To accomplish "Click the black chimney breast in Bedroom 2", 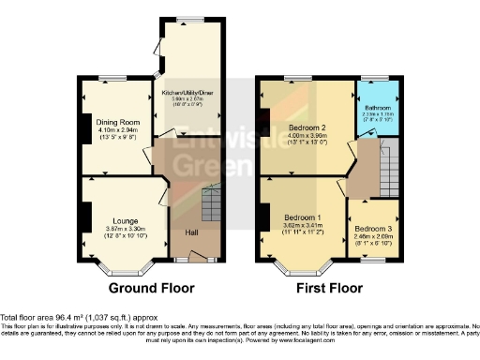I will (x=265, y=117).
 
